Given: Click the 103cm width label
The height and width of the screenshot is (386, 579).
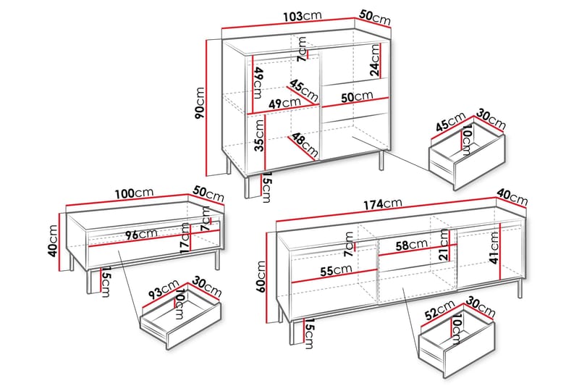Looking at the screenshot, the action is click(x=303, y=16).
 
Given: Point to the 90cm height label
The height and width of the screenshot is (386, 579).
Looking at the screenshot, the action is click(x=200, y=104).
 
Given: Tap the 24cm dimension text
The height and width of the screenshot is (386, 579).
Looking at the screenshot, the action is click(x=375, y=60).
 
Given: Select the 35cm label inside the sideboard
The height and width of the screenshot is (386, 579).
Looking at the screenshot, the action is click(x=260, y=135).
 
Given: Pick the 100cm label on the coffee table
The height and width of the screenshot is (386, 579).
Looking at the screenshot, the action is click(x=134, y=193).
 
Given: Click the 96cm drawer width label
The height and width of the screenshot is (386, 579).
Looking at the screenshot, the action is click(x=141, y=234).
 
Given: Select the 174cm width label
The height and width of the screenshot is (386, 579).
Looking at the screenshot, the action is click(x=383, y=204).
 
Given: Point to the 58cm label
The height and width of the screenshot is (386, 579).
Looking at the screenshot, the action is click(x=412, y=245).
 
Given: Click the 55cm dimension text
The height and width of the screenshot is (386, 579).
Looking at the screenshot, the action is click(x=336, y=270).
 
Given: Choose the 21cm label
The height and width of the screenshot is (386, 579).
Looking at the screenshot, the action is click(x=444, y=244).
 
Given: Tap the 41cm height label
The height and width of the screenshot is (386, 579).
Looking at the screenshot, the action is click(x=494, y=248).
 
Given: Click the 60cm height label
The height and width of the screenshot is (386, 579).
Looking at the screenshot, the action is click(x=261, y=277).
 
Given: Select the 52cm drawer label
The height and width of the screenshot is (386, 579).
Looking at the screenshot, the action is click(x=440, y=310).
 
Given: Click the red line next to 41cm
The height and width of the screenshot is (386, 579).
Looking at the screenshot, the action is click(x=500, y=251).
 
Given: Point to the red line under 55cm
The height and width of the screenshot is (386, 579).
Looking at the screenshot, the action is click(x=334, y=277).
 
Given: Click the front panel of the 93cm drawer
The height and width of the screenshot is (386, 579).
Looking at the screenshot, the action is click(x=195, y=325).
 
